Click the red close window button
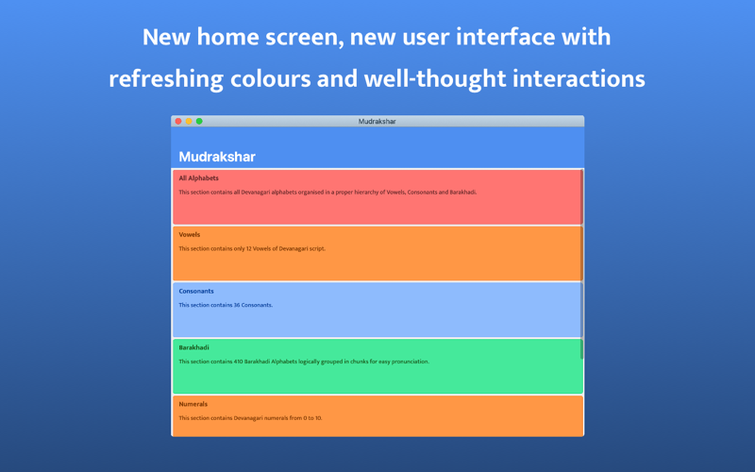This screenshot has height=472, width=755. pyautogui.click(x=178, y=122)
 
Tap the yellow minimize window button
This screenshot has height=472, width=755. pyautogui.click(x=189, y=122)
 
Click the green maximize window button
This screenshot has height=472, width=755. pyautogui.click(x=199, y=122)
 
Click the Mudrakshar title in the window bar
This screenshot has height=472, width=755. pyautogui.click(x=377, y=122)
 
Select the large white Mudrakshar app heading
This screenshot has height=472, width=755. pyautogui.click(x=217, y=157)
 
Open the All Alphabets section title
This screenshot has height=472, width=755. pyautogui.click(x=199, y=178)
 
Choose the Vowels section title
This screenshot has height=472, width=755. pyautogui.click(x=190, y=234)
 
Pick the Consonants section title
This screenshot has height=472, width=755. pyautogui.click(x=196, y=291)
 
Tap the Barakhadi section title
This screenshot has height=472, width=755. pyautogui.click(x=194, y=347)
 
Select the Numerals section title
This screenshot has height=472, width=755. pyautogui.click(x=193, y=404)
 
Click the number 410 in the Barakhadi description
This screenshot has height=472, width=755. pyautogui.click(x=239, y=362)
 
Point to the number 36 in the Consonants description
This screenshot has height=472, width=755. pyautogui.click(x=237, y=305)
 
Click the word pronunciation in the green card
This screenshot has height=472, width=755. pyautogui.click(x=410, y=362)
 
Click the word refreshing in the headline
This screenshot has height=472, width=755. pyautogui.click(x=166, y=78)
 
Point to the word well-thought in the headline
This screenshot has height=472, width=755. pyautogui.click(x=435, y=78)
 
